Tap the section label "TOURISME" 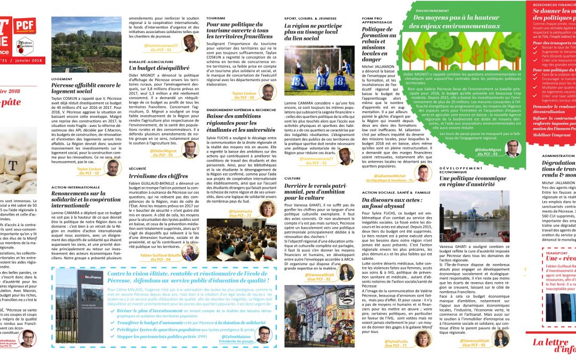pos(215,18)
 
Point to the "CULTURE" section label pos(293,178)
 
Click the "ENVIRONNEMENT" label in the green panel pos(433,10)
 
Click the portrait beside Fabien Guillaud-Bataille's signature pos(190,252)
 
